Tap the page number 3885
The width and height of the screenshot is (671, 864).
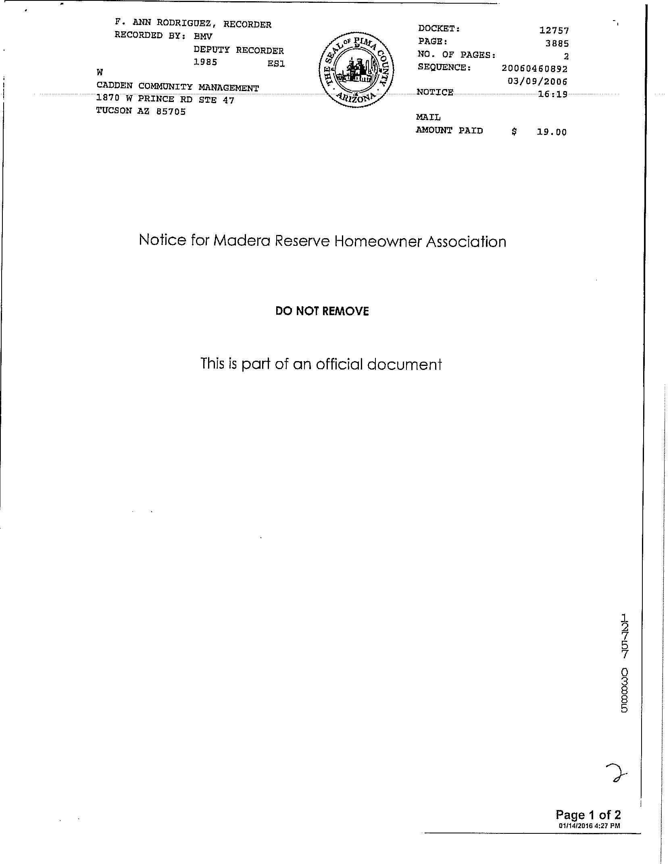click(x=556, y=43)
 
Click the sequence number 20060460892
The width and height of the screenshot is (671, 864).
click(x=534, y=69)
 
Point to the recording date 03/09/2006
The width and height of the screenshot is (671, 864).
click(x=537, y=81)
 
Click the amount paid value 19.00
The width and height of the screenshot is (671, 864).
click(x=551, y=132)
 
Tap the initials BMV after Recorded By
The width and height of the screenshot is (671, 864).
click(x=203, y=36)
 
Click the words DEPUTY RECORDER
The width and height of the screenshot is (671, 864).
click(x=238, y=50)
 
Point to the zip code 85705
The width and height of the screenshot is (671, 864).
click(x=171, y=112)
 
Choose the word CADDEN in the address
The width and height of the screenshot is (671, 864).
click(x=114, y=86)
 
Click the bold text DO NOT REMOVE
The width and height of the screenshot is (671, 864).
click(x=322, y=311)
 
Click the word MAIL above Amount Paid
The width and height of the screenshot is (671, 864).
click(x=428, y=117)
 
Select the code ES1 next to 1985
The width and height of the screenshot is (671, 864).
click(x=276, y=64)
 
